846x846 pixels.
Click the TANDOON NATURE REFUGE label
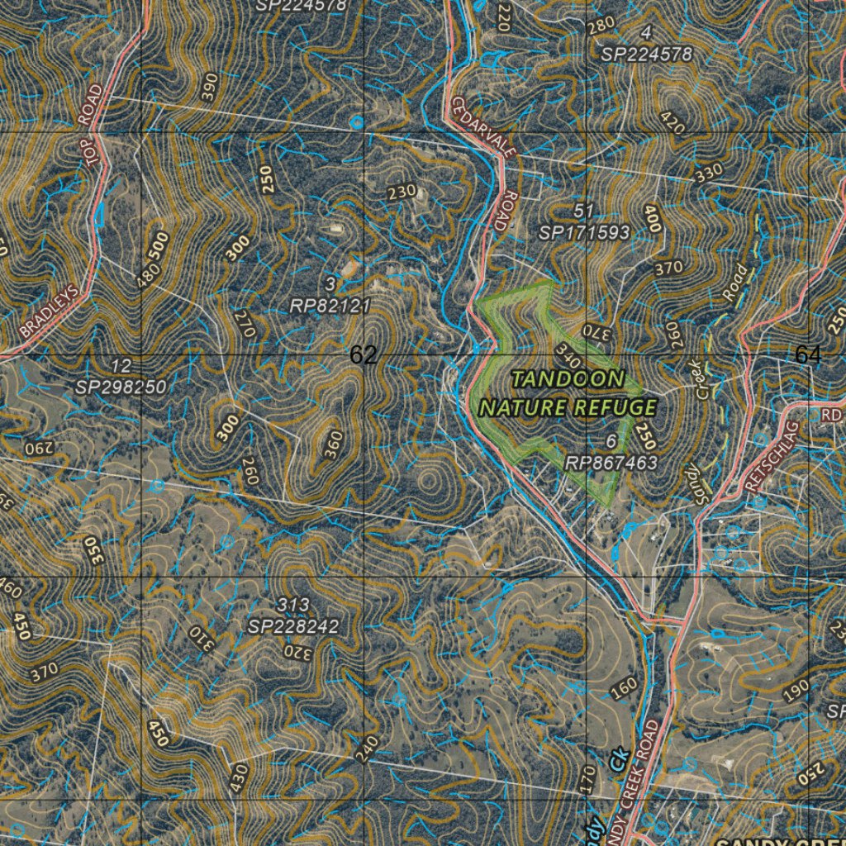point(568,393)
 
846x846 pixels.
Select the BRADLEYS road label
point(50,311)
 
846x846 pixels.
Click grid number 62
point(364,355)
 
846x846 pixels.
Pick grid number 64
point(808,355)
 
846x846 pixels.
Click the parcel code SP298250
point(121,387)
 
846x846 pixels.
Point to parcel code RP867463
point(611,463)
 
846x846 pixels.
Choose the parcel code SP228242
point(293,627)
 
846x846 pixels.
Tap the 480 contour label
point(150,275)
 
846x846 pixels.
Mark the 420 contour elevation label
point(673,122)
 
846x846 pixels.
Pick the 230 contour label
point(402,192)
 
